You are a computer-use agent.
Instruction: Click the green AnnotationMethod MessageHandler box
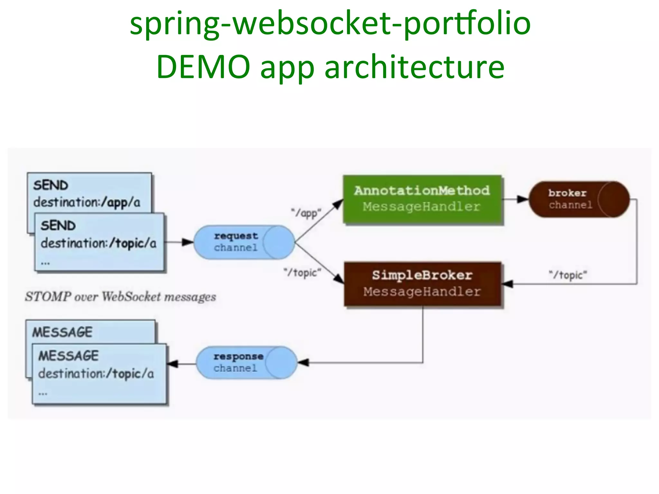click(422, 199)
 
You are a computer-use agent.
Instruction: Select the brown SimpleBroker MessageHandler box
click(422, 284)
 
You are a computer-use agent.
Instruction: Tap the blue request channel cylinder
click(244, 242)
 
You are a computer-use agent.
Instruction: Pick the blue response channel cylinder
click(246, 362)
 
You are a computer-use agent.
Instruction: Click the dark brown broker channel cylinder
click(579, 199)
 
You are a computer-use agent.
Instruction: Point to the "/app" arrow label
click(306, 213)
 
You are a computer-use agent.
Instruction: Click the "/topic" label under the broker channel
click(568, 275)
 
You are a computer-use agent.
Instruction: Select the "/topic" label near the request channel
click(302, 272)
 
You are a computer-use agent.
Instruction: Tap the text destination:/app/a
click(87, 202)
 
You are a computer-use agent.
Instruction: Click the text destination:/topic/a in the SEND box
click(98, 243)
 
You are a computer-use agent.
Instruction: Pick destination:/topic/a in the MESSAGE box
click(96, 374)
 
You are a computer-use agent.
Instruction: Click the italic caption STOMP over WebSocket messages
click(120, 297)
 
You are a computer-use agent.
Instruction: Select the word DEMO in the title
click(203, 67)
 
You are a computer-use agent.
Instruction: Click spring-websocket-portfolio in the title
click(329, 23)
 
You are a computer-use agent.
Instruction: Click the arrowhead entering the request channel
click(188, 242)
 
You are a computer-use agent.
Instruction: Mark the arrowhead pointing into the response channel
click(303, 362)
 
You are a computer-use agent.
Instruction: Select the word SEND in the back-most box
click(51, 185)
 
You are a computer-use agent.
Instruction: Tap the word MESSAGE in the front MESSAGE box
click(69, 356)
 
